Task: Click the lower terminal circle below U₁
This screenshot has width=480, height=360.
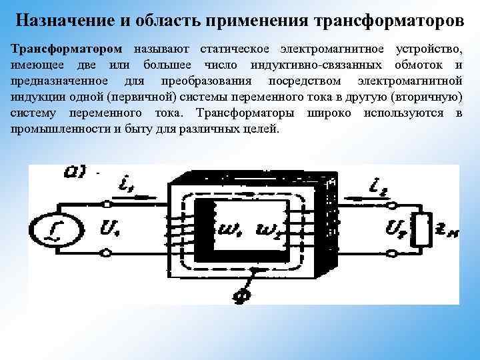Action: [x=106, y=253]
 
